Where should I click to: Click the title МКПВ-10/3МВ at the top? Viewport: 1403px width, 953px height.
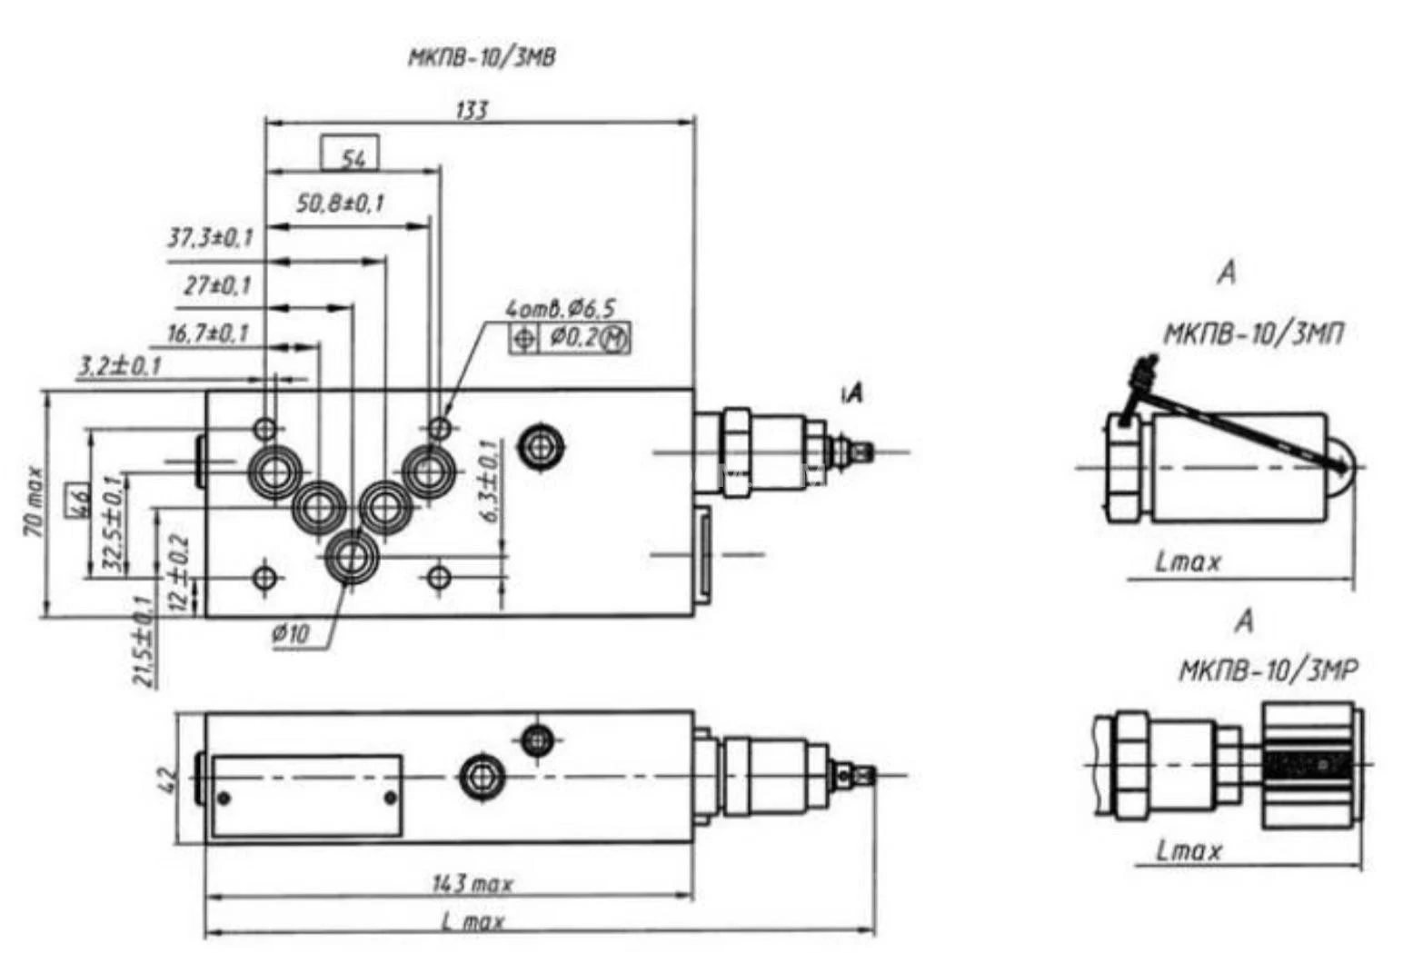coord(482,58)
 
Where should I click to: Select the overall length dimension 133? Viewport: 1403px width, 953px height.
coord(472,110)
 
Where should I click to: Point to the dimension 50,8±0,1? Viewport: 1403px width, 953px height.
coord(341,204)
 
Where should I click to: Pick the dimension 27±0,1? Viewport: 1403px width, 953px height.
coord(217,286)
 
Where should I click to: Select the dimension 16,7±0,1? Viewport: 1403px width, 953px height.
coord(208,333)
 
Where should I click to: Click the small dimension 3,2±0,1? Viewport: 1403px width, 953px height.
coord(119,366)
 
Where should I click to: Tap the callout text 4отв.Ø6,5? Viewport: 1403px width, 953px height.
coord(561,309)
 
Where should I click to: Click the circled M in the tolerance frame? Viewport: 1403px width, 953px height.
coord(616,339)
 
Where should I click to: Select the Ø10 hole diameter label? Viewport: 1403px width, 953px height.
coord(291,633)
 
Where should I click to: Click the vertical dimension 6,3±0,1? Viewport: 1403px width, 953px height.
coord(489,481)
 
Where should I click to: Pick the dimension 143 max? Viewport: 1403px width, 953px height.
coord(473,883)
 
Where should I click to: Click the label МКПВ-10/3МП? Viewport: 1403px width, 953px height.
coord(1253,334)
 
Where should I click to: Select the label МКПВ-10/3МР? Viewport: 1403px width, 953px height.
coord(1268,671)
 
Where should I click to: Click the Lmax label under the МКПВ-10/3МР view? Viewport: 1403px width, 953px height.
coord(1189,851)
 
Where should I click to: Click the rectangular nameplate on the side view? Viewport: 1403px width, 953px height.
coord(307,795)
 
